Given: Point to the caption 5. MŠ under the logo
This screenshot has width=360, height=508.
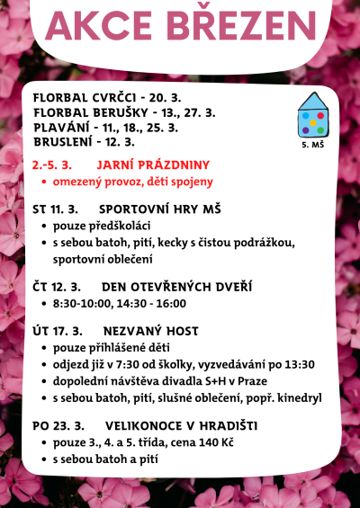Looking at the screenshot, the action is [313, 143].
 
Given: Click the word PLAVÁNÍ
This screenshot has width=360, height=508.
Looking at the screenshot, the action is [62, 128].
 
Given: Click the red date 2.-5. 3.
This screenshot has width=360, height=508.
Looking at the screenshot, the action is [51, 165].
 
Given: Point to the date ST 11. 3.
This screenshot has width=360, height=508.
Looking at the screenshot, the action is [58, 209].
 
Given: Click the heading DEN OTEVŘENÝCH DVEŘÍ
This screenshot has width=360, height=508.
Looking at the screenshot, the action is [171, 287].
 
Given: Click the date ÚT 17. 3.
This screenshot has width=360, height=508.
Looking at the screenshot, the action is [58, 330].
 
